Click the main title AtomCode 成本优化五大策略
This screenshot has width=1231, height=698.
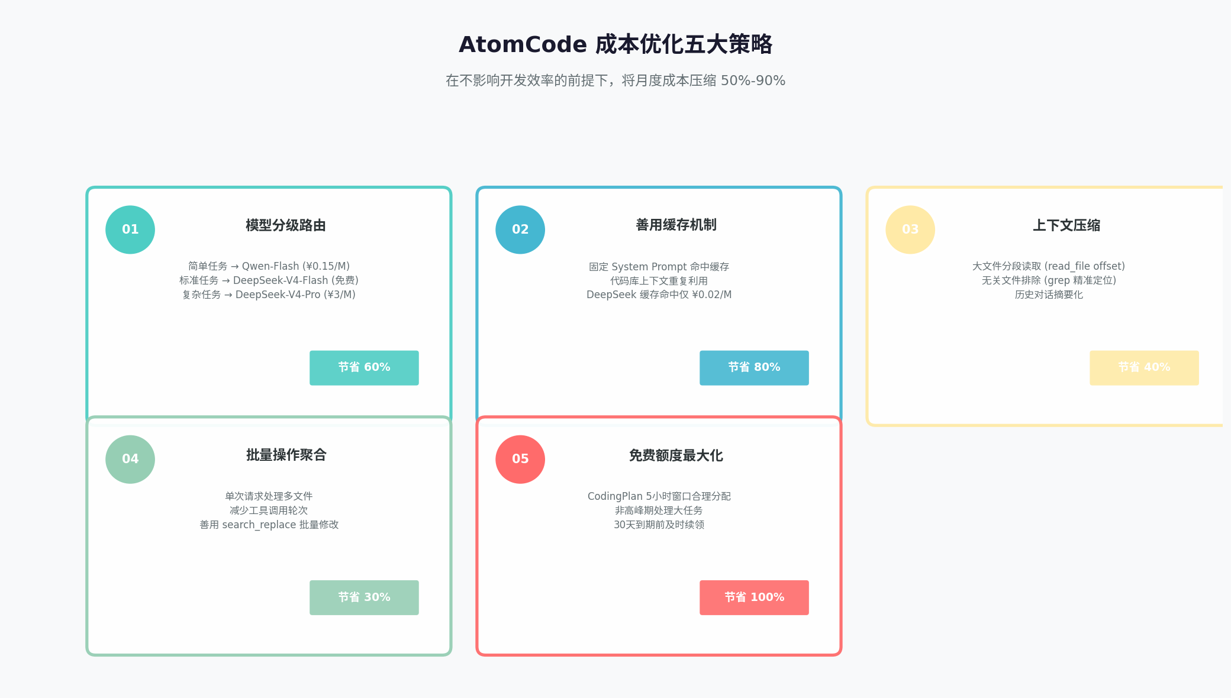click(615, 44)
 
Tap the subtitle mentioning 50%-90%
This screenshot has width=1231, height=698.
click(615, 80)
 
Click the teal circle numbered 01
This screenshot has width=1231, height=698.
click(130, 230)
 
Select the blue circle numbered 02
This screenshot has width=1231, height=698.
click(520, 230)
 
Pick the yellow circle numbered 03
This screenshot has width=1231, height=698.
click(910, 230)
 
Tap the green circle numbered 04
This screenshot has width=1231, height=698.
click(130, 459)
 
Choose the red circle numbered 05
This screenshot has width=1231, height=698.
click(520, 459)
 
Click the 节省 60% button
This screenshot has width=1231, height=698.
click(364, 368)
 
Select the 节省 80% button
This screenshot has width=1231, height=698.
click(754, 368)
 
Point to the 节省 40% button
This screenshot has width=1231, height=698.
click(1144, 368)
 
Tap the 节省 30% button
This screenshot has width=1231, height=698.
click(364, 597)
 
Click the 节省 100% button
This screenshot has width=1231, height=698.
click(754, 597)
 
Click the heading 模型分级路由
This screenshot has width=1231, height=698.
click(286, 225)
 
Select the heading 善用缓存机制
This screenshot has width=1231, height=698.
click(676, 225)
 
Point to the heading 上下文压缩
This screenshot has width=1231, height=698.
click(1066, 225)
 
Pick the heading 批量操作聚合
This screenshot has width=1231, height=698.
click(286, 455)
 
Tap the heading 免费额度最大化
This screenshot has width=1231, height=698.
click(676, 455)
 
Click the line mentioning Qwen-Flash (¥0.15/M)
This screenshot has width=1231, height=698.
click(269, 266)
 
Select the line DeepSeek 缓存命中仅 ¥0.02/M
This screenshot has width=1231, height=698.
click(659, 295)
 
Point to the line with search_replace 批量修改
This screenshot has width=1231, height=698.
click(269, 525)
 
